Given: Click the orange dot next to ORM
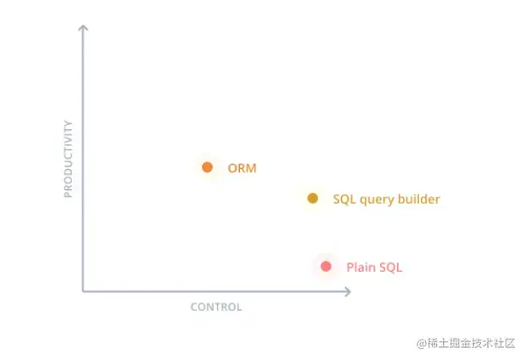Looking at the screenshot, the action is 207,167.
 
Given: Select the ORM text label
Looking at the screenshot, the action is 242,168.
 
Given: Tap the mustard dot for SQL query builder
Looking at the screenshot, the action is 313,198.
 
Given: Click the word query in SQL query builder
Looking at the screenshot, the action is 377,200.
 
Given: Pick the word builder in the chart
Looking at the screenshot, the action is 418,199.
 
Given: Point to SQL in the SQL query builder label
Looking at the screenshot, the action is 344,200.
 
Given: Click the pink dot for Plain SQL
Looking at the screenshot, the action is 326,267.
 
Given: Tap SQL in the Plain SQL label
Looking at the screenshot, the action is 390,267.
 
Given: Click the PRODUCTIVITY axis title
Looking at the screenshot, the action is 68,159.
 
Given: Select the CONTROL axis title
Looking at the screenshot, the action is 216,307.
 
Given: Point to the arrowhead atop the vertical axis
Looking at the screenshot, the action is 83,27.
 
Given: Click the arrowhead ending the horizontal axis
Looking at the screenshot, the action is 348,291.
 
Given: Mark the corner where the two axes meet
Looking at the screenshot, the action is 83,291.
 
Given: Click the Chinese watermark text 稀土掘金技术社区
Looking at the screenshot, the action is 471,343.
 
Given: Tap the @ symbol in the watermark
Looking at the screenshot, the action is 422,344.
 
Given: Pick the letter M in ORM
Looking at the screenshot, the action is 251,168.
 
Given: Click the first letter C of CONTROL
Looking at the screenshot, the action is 194,307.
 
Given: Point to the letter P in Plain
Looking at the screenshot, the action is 350,267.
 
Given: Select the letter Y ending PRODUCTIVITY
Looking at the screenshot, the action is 68,123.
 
